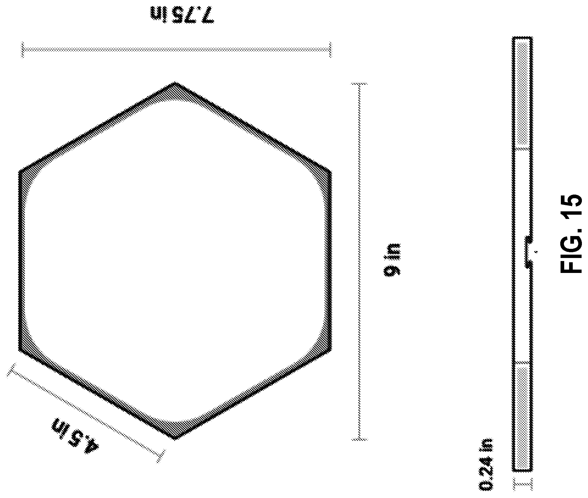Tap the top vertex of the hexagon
tap(175, 82)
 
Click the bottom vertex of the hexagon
tap(175, 439)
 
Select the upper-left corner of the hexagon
tap(19, 171)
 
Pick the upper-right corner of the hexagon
tap(331, 171)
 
